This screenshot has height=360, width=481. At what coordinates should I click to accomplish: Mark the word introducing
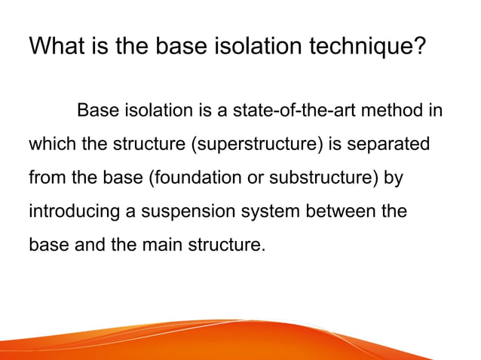74,212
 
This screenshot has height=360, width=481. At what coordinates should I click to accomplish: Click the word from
45,178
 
